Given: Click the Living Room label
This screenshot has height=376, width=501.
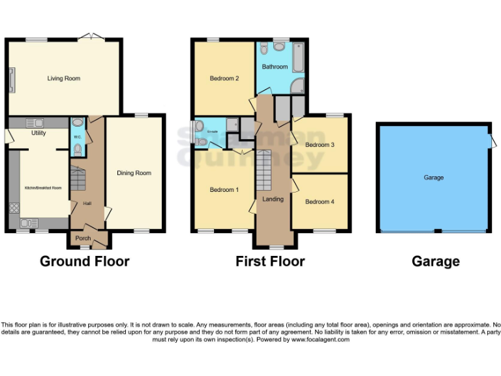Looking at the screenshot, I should click(x=64, y=78).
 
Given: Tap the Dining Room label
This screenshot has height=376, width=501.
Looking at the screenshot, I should click(x=134, y=173).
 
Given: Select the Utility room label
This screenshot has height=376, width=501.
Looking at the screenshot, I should click(x=38, y=133).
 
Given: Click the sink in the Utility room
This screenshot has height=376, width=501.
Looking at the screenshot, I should click(x=35, y=122).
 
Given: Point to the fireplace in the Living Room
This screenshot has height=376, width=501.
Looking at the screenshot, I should click(x=11, y=78).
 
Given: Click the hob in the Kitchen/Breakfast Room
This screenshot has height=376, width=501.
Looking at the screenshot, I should click(x=14, y=209).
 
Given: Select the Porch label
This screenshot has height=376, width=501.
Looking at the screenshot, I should click(x=83, y=238).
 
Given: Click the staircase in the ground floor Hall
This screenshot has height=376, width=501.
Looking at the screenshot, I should click(x=78, y=179).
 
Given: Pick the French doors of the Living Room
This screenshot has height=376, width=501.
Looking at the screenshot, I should click(x=89, y=37).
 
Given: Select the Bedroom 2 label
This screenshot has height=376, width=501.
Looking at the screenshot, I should click(x=224, y=78).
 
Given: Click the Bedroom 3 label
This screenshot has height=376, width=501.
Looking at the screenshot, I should click(x=320, y=145).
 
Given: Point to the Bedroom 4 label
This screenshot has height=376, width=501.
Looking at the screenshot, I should click(x=320, y=202).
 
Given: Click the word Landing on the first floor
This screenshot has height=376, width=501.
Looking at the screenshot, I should click(x=273, y=199).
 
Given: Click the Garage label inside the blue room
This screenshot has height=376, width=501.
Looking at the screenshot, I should click(x=434, y=178).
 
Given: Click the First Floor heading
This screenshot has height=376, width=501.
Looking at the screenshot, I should click(x=270, y=262).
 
